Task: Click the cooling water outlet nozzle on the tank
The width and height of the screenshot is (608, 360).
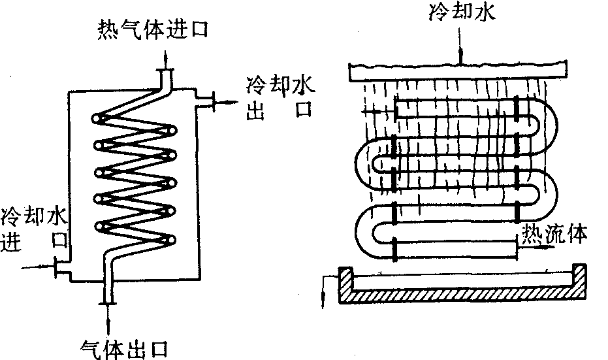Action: pos(208,101)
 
